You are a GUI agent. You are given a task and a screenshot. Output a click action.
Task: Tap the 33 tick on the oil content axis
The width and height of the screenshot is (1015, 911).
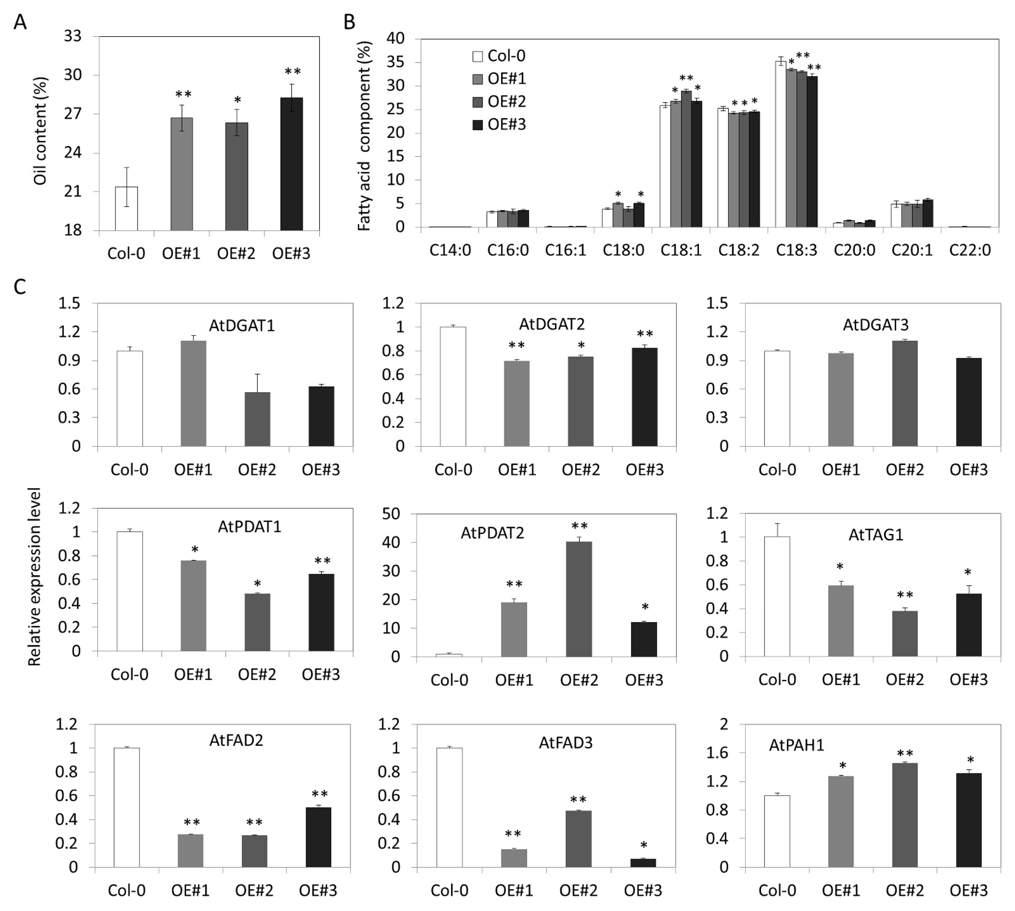coord(73,36)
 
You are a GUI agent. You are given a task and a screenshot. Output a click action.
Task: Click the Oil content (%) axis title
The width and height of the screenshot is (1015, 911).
coord(40,131)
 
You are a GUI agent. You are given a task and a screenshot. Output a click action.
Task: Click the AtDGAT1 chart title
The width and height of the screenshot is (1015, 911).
coord(242,326)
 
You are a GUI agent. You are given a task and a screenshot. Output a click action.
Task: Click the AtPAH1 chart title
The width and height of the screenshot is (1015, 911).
coord(796,745)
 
